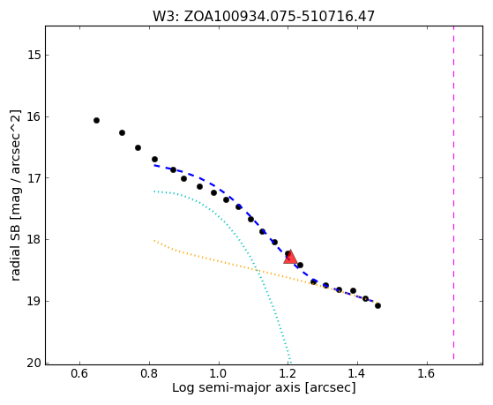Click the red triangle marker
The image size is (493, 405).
click(x=290, y=257)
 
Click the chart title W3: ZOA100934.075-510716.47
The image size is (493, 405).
click(x=264, y=16)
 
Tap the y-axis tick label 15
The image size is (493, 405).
click(x=34, y=55)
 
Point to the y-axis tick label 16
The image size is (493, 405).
click(x=34, y=116)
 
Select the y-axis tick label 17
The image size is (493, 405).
click(x=34, y=178)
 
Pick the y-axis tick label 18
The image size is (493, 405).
click(x=34, y=240)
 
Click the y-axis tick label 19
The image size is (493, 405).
click(x=34, y=302)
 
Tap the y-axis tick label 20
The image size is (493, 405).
click(x=34, y=363)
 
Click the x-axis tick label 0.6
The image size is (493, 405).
click(x=80, y=374)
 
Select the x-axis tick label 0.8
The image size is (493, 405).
click(x=149, y=374)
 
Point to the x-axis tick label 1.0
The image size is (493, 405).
click(x=219, y=374)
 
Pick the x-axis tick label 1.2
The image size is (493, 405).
click(x=288, y=374)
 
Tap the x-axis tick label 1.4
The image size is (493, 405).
click(x=357, y=374)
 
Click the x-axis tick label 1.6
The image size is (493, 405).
click(x=427, y=374)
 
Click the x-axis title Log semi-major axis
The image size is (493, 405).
click(x=236, y=388)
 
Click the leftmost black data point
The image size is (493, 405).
click(x=96, y=121)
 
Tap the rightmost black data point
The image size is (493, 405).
click(x=378, y=305)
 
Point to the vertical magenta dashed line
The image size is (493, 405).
click(x=453, y=192)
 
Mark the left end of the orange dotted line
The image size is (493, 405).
click(x=154, y=241)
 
